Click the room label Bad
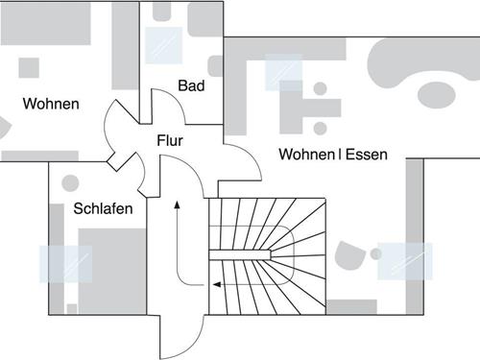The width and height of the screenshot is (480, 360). (191, 86)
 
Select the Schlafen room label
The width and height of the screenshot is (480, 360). (103, 207)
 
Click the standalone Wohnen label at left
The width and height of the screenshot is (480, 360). (52, 104)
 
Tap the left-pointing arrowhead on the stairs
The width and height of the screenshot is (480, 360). (216, 284)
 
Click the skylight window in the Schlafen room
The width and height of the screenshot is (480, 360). (65, 263)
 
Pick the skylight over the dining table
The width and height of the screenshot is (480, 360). (283, 72)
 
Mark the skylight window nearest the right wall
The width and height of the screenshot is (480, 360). (405, 259)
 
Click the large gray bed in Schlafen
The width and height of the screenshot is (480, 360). (112, 269)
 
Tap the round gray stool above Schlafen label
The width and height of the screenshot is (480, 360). (69, 181)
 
